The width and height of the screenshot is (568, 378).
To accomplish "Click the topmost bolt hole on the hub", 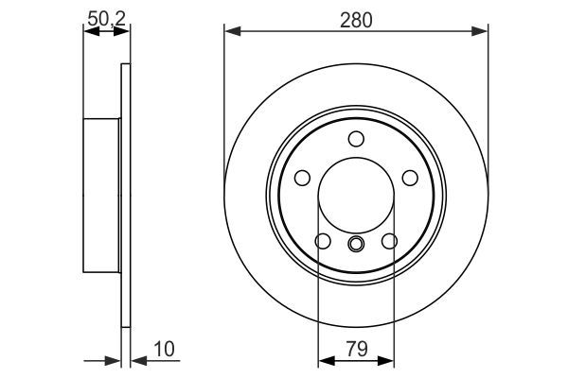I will (356, 140).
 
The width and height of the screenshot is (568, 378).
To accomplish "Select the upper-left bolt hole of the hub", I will (302, 178).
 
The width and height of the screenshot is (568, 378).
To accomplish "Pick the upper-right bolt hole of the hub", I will (410, 178).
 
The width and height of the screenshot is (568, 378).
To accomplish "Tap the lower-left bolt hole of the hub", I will (323, 242).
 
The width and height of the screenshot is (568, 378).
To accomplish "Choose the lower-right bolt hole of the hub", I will (389, 242).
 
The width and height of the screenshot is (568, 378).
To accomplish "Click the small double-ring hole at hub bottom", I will (356, 247).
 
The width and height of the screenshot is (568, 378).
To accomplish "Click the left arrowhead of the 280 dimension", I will (231, 32).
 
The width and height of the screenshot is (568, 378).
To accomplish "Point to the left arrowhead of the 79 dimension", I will (324, 360).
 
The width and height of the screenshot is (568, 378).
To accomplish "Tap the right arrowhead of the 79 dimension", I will (388, 360).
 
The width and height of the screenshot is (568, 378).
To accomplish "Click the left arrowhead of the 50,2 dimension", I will (89, 32).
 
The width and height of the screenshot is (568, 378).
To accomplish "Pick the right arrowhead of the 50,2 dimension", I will (123, 32).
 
